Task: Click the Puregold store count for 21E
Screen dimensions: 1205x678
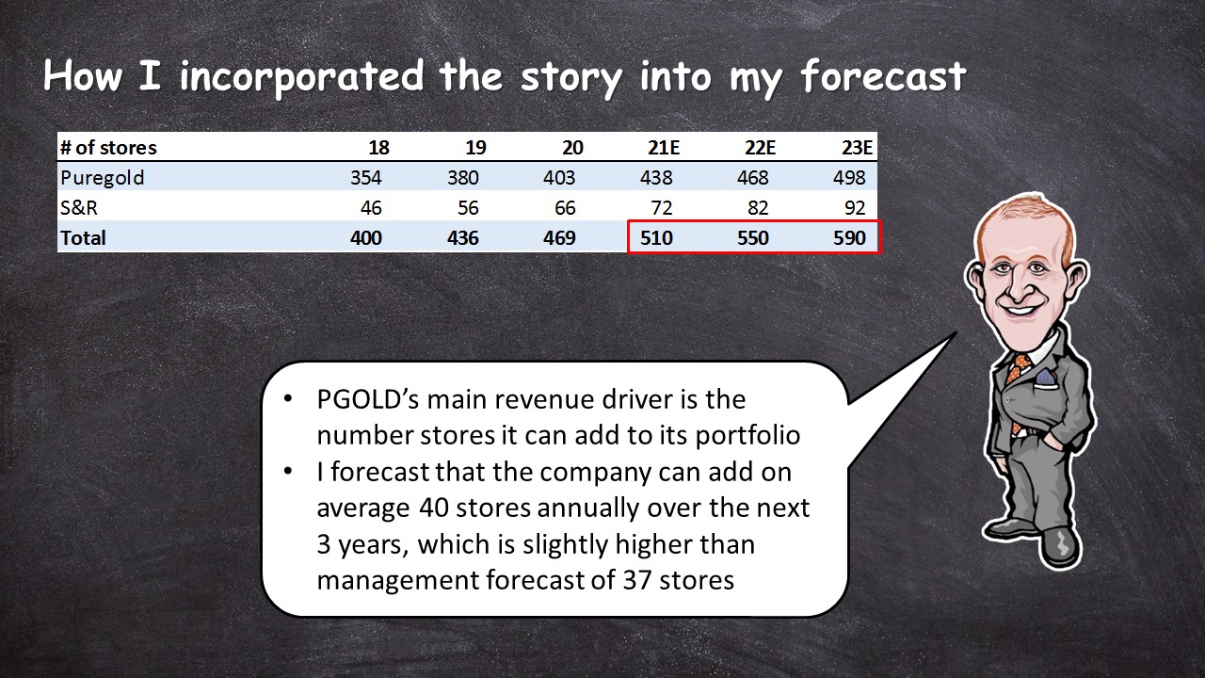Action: pos(656,178)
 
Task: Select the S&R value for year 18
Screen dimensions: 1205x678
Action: pos(371,208)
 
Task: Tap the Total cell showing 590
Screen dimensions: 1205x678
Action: pos(849,238)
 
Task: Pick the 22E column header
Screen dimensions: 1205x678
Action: pos(760,148)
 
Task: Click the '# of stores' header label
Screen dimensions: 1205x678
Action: pos(108,148)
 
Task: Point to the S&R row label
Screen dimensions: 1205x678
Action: pos(78,208)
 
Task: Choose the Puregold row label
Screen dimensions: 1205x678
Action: pos(103,178)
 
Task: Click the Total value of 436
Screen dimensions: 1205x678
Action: pos(462,238)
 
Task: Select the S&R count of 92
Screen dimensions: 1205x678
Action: pos(855,208)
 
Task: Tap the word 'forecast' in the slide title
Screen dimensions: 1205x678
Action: pos(883,76)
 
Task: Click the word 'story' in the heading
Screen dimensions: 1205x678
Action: pos(571,78)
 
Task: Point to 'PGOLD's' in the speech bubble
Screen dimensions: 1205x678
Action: pos(368,400)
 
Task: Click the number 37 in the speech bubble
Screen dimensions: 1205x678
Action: pos(638,580)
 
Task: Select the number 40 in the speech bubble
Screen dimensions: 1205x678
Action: pos(434,508)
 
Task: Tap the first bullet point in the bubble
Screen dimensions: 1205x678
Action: pos(288,398)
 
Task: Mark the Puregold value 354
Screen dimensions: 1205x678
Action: pos(366,178)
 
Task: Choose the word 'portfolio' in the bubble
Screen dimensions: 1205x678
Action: pos(747,435)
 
